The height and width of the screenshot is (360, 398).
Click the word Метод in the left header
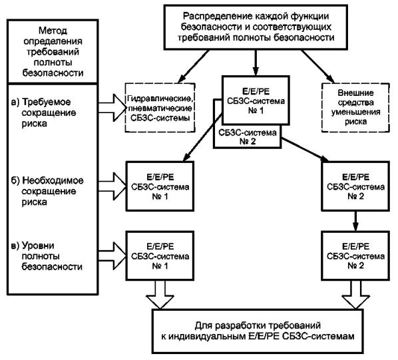pos(53,31)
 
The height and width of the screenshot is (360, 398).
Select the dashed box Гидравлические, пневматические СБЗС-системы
pos(160,108)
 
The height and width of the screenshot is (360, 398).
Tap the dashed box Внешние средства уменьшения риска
pos(355,108)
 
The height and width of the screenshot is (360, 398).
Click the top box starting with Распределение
pos(256,27)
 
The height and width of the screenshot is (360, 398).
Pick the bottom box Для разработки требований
pos(258,331)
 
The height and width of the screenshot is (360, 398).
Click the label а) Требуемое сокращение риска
pos(44,112)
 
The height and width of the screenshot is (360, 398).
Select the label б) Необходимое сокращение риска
pos(47,191)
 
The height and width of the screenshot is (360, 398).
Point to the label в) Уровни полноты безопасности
pos(47,256)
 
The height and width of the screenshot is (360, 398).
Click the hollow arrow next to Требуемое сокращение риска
pos(112,108)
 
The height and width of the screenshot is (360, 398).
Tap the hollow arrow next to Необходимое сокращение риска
pos(112,186)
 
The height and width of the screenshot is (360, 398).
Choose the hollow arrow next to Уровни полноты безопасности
pos(112,256)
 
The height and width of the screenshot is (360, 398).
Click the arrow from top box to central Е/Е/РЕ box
pos(256,63)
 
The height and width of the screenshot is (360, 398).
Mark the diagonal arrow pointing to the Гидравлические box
pos(194,67)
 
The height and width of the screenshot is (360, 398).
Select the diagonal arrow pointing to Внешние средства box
pos(317,67)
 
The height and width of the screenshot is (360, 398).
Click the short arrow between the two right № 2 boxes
pos(355,221)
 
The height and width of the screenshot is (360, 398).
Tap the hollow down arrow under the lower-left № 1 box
pos(160,295)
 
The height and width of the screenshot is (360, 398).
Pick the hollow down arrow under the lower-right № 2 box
pos(355,295)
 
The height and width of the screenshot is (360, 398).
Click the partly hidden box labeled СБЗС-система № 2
pos(248,136)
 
